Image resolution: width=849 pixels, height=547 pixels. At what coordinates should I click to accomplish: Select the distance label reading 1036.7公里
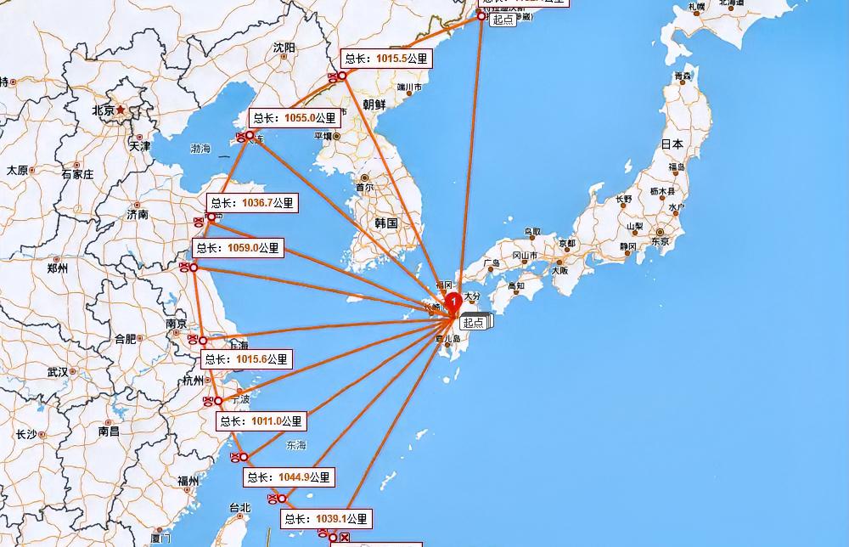(x=252, y=203)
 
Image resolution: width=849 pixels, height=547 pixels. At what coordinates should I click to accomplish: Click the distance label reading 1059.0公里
(x=237, y=249)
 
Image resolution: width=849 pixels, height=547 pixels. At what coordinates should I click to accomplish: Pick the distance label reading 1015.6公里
(x=246, y=360)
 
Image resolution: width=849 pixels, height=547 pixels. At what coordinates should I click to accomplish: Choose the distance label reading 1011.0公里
(x=261, y=421)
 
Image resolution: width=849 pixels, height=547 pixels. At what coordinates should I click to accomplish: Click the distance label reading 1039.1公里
(x=326, y=519)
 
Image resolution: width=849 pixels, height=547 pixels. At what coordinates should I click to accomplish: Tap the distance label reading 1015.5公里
(x=386, y=59)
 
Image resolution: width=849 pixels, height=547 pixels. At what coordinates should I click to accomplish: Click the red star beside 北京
(x=121, y=110)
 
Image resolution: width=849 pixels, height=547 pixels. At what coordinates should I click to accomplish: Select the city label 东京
(x=661, y=241)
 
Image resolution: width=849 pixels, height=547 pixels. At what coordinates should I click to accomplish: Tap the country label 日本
(x=672, y=144)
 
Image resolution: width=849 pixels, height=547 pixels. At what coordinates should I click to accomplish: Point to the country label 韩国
(x=386, y=223)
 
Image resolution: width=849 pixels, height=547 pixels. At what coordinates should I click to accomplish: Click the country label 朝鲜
(x=374, y=104)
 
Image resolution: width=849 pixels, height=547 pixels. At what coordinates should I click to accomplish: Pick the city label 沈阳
(x=284, y=48)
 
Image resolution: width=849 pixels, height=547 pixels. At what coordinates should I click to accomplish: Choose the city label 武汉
(x=58, y=372)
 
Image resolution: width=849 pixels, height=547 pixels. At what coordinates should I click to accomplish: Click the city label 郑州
(x=58, y=269)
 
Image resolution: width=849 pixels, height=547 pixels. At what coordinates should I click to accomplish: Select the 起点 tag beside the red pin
(x=474, y=323)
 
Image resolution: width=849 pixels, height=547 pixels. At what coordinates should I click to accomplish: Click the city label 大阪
(x=559, y=270)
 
